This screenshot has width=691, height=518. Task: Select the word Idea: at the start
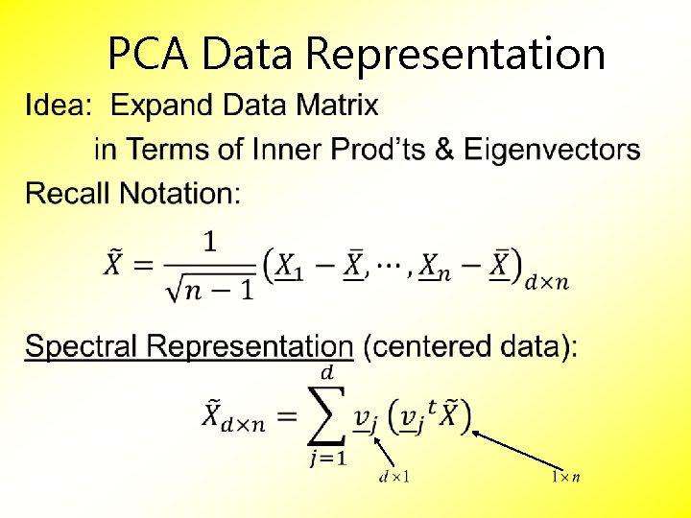pos(59,105)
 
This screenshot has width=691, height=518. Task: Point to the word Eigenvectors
pos(552,150)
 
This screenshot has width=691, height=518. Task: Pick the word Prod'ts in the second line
pos(393,150)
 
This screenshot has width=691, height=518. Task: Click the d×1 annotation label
pos(393,476)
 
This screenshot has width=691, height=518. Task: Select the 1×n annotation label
pos(564,476)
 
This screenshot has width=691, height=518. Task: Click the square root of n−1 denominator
pos(208,285)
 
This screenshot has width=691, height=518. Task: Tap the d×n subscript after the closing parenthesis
pos(546,281)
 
